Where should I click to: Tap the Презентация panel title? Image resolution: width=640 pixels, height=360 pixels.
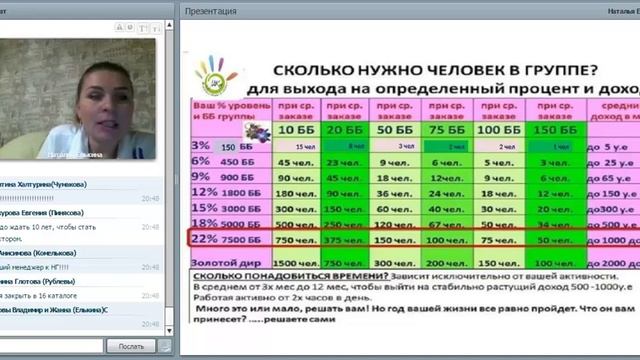click(x=211, y=11)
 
